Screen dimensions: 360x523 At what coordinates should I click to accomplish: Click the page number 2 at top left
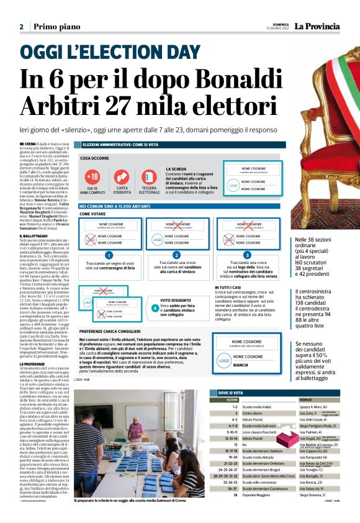[21, 27]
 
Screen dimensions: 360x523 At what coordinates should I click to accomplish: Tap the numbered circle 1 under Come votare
[109, 255]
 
